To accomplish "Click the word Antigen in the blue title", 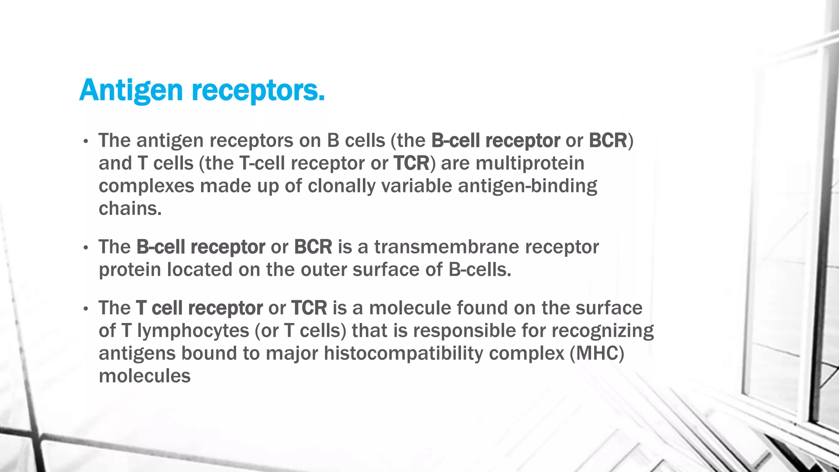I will point(131,90).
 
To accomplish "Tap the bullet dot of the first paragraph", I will point(85,142).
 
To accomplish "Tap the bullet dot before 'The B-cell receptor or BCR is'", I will point(85,248).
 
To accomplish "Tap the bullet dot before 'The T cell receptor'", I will point(85,309).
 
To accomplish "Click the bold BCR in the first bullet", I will point(608,141).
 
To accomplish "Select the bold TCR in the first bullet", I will point(411,163).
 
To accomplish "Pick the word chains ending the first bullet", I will point(130,209).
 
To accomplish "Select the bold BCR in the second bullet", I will point(313,247).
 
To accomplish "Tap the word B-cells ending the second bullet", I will point(480,270).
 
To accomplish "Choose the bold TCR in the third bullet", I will point(309,308).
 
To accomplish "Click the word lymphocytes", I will point(193,331).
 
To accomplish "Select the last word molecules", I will point(145,376).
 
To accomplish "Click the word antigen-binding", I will point(527,186).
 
